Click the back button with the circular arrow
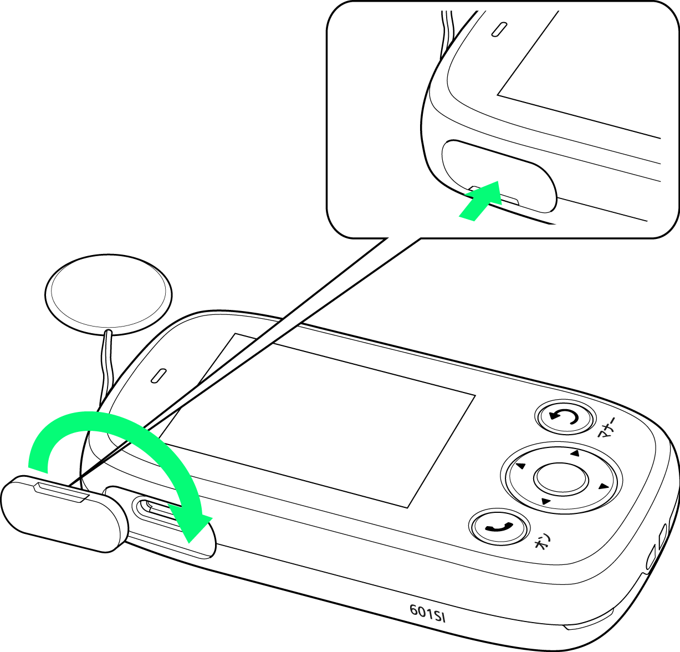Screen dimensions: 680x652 [x=565, y=418]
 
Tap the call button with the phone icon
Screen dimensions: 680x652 [x=499, y=527]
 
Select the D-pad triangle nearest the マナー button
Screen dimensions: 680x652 [x=575, y=454]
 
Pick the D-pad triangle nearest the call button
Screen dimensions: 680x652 [x=545, y=501]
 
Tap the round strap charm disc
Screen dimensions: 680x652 [x=108, y=294]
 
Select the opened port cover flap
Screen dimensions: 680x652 [x=63, y=515]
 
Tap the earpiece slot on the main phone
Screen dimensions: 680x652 [x=159, y=375]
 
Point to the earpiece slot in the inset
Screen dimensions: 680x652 [x=499, y=29]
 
